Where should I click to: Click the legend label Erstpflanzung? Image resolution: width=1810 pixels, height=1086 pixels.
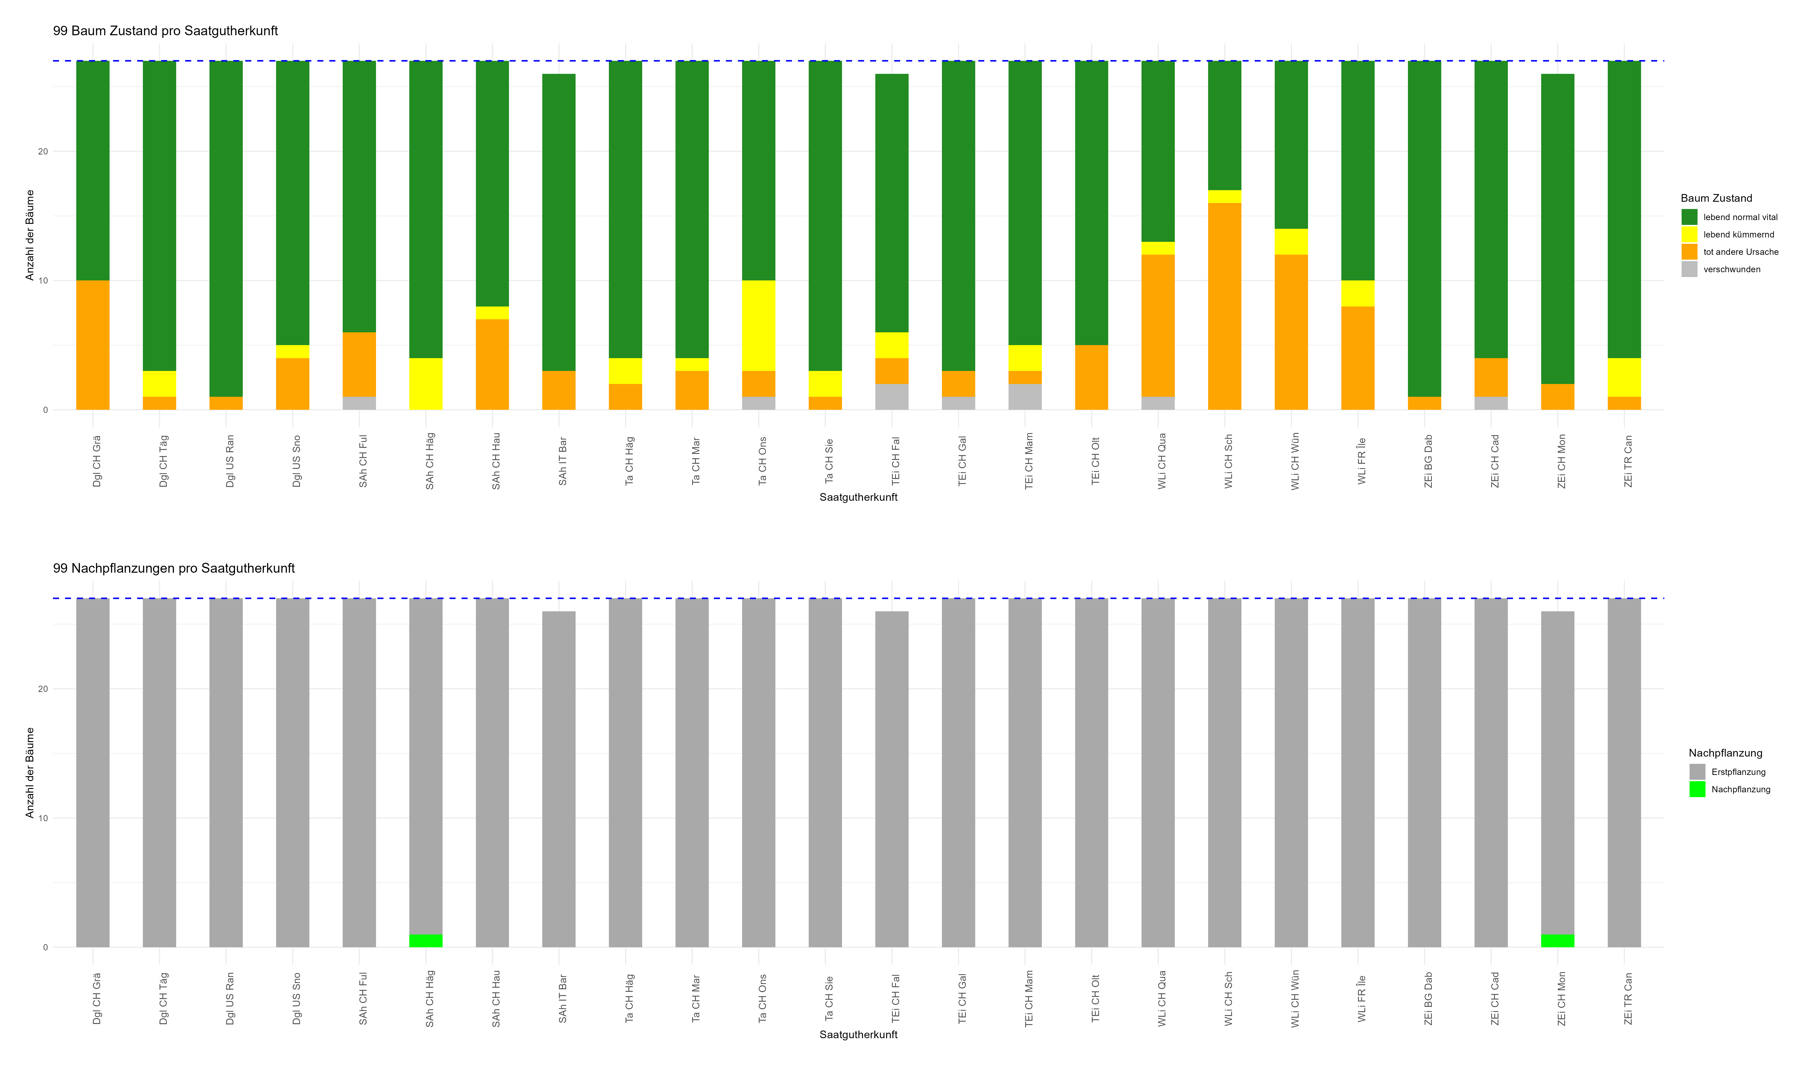[1738, 772]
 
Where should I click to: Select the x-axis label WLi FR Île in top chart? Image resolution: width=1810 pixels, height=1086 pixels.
[1361, 461]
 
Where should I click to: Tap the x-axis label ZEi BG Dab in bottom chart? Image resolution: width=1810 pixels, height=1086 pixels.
[1427, 998]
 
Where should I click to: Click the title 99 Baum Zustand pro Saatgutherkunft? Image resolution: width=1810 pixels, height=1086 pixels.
[165, 31]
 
